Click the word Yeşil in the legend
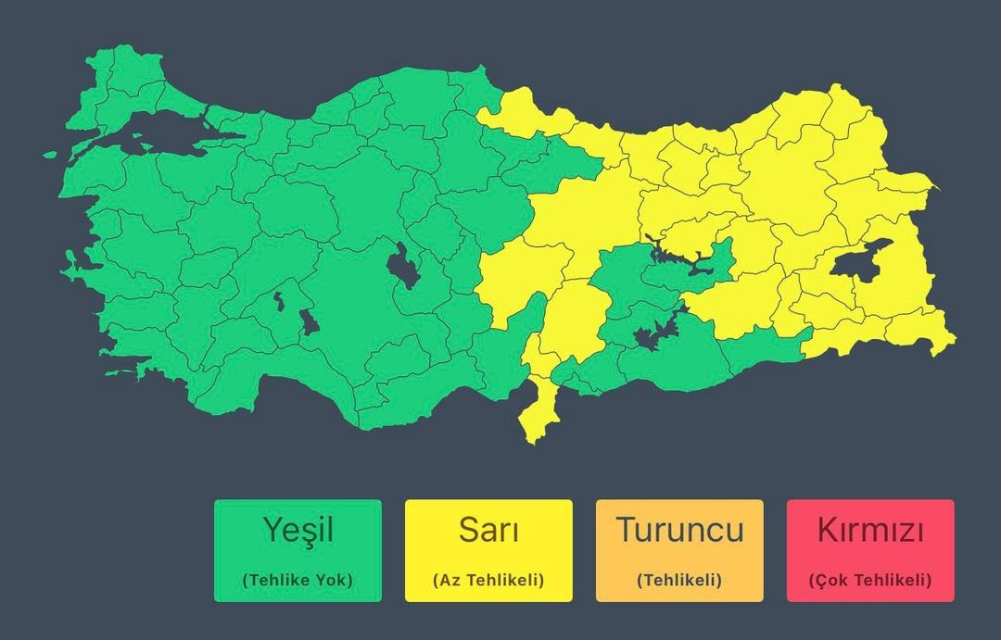[298, 531]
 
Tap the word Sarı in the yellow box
[488, 531]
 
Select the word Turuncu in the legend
[679, 531]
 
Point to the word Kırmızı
[869, 531]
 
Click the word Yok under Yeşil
[332, 581]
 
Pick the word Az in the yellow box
[448, 581]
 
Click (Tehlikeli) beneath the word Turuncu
[679, 581]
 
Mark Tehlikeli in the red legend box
[887, 581]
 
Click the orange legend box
[679, 550]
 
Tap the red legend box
[869, 550]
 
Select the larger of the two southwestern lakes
[309, 322]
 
